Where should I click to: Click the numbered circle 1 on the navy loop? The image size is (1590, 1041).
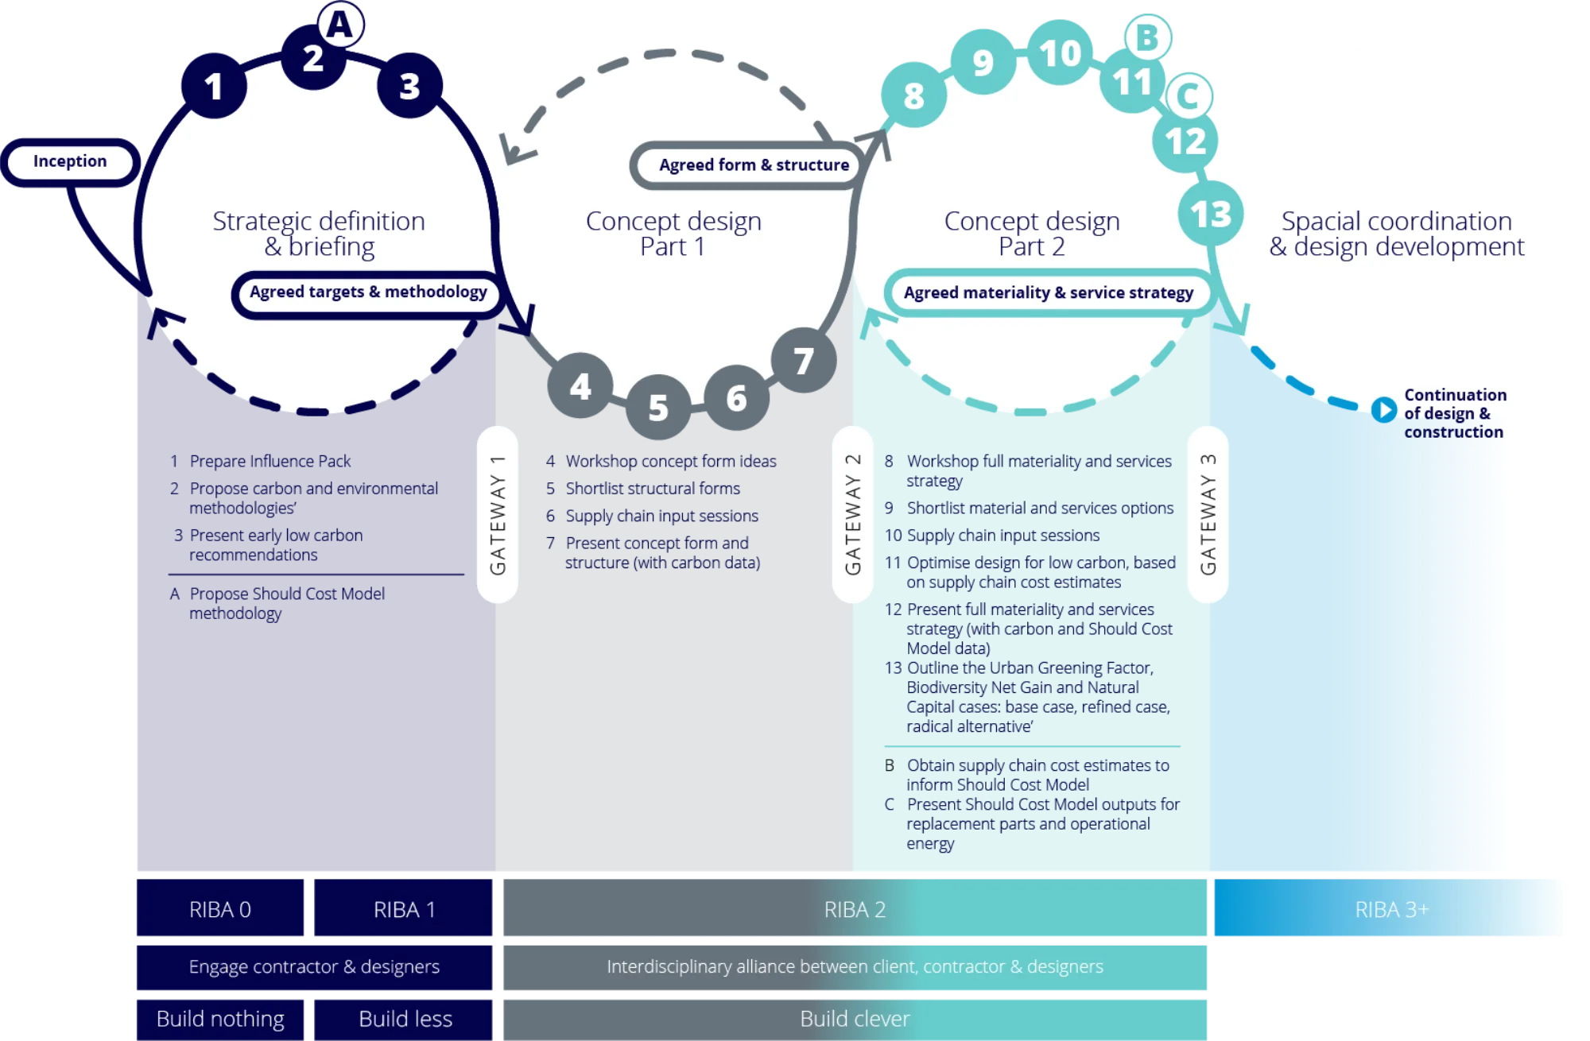click(x=214, y=86)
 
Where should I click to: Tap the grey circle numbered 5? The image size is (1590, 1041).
click(x=658, y=407)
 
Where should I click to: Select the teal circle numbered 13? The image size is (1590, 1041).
click(x=1211, y=213)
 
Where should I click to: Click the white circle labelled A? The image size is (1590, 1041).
click(x=341, y=24)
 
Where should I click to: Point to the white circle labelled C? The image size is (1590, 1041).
click(x=1189, y=96)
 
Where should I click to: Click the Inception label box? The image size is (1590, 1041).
click(x=71, y=162)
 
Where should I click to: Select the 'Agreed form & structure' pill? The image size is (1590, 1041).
click(x=748, y=165)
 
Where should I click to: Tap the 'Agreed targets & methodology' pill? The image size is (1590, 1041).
click(x=368, y=293)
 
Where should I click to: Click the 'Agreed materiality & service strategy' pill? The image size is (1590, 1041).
click(x=1049, y=292)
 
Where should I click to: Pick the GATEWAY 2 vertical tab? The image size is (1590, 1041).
click(x=852, y=515)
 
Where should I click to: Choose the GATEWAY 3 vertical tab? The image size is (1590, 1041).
click(x=1208, y=515)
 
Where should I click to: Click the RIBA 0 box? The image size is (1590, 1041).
click(x=220, y=907)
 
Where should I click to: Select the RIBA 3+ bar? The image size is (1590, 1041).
click(x=1390, y=907)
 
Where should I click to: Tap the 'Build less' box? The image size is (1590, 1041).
click(x=403, y=1020)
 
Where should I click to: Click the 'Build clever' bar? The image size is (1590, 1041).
click(x=855, y=1020)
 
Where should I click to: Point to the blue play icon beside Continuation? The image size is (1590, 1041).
click(x=1384, y=409)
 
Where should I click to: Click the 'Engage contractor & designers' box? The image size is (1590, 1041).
click(x=314, y=967)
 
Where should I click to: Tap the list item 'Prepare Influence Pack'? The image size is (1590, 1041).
click(x=260, y=461)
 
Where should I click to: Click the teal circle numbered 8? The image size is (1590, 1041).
click(x=914, y=95)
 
